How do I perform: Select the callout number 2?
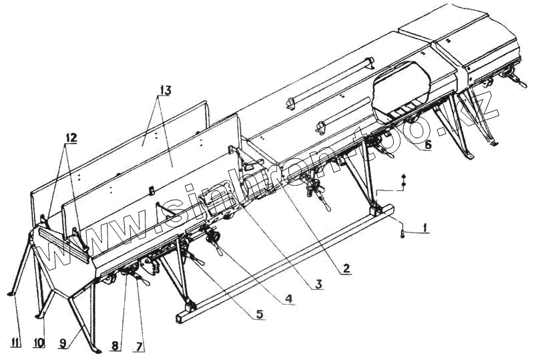point(346,268)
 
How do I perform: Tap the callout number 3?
point(319,283)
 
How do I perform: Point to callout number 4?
point(288,299)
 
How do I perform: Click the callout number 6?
point(428,144)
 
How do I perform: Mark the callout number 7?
point(140,346)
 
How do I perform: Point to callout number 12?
point(71,138)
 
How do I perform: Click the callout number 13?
point(165,89)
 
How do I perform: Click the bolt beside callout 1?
point(403,232)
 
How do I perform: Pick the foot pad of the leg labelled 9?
point(97,349)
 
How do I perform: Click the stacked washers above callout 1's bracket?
point(403,180)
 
